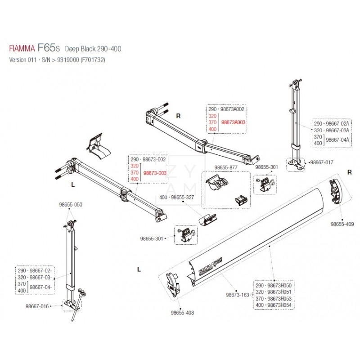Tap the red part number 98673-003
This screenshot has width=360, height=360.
(155, 173)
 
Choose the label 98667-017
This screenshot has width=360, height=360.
(321, 162)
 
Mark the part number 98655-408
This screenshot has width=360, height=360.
(182, 312)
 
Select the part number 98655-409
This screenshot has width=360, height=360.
(342, 224)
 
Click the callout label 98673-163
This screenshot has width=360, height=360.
(237, 295)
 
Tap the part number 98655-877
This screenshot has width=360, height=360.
(226, 167)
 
